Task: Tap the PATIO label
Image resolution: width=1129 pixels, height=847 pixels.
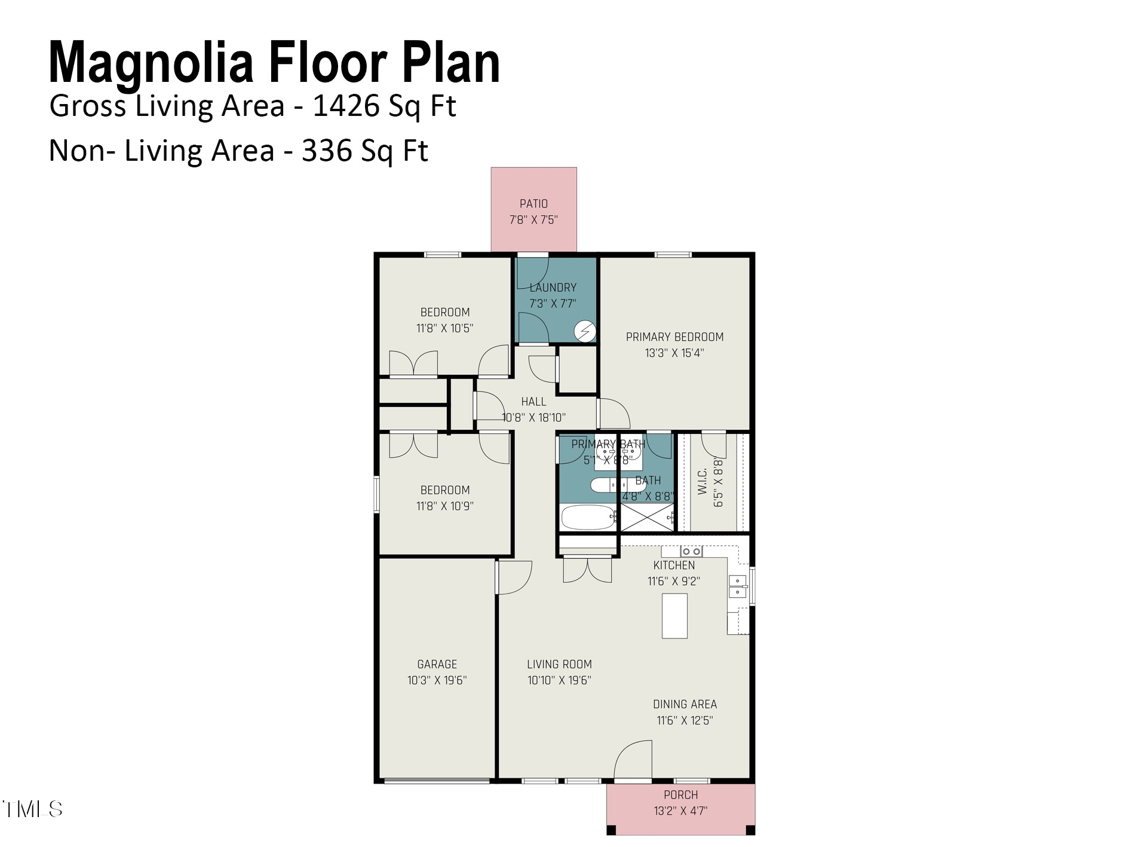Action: click(533, 204)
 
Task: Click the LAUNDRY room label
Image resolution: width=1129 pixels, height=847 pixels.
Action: click(553, 288)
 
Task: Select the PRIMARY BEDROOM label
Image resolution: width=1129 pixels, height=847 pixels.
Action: click(675, 337)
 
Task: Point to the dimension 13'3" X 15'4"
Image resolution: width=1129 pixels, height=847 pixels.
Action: click(674, 353)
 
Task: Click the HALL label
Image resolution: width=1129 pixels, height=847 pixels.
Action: click(533, 402)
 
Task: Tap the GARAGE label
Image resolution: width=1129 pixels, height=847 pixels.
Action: click(437, 664)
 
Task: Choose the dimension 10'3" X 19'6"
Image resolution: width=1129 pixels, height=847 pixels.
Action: click(437, 680)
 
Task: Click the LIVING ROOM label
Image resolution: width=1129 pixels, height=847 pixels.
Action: click(560, 664)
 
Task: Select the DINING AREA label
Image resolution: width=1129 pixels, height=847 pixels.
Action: click(685, 704)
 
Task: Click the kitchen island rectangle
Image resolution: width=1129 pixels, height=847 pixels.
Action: click(674, 616)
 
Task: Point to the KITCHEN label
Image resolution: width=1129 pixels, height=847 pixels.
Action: click(674, 565)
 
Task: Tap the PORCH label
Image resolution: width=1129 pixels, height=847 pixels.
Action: click(681, 795)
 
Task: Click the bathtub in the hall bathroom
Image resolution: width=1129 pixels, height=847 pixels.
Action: click(588, 518)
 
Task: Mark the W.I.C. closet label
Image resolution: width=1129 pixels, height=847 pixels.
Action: click(702, 481)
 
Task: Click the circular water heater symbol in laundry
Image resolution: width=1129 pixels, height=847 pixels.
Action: click(585, 331)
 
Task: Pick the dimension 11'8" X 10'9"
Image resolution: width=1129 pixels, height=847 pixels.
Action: click(445, 506)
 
